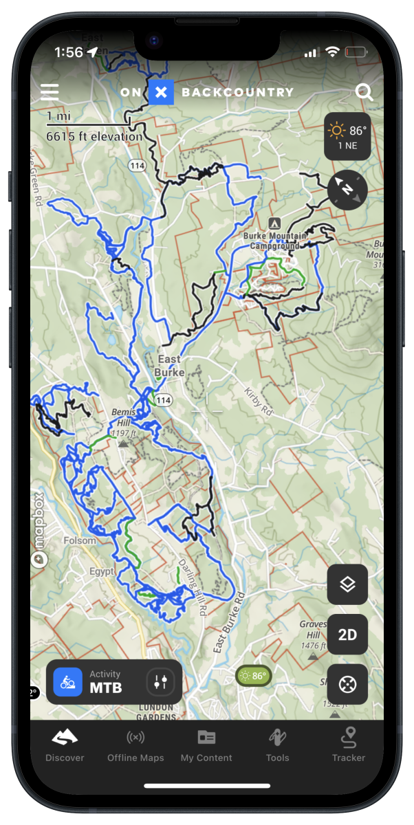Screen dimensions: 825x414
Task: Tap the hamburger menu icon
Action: pos(50,92)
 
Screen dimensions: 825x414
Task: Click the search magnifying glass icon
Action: pos(364,93)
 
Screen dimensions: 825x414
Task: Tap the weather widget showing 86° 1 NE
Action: pos(347,136)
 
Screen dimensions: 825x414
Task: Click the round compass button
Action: pos(347,190)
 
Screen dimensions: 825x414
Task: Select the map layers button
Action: pos(347,584)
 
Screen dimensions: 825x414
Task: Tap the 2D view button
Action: pos(347,635)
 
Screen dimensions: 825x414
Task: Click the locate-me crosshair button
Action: pos(347,684)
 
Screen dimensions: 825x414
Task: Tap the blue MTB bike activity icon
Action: pos(68,682)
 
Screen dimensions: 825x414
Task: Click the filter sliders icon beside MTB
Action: pos(161,682)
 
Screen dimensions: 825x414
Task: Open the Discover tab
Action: pos(65,745)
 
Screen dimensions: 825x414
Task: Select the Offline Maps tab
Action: pos(135,745)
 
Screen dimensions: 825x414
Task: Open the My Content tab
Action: pos(206,745)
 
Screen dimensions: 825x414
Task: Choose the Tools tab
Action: pos(277,745)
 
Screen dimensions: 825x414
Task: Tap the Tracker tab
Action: pos(349,745)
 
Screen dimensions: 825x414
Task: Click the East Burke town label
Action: pos(169,366)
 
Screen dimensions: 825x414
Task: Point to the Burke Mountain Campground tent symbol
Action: pos(274,223)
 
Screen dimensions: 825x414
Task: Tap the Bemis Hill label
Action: pos(124,417)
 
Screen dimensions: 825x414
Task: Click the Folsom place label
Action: pos(80,540)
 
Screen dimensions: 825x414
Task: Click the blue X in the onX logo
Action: pos(161,92)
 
